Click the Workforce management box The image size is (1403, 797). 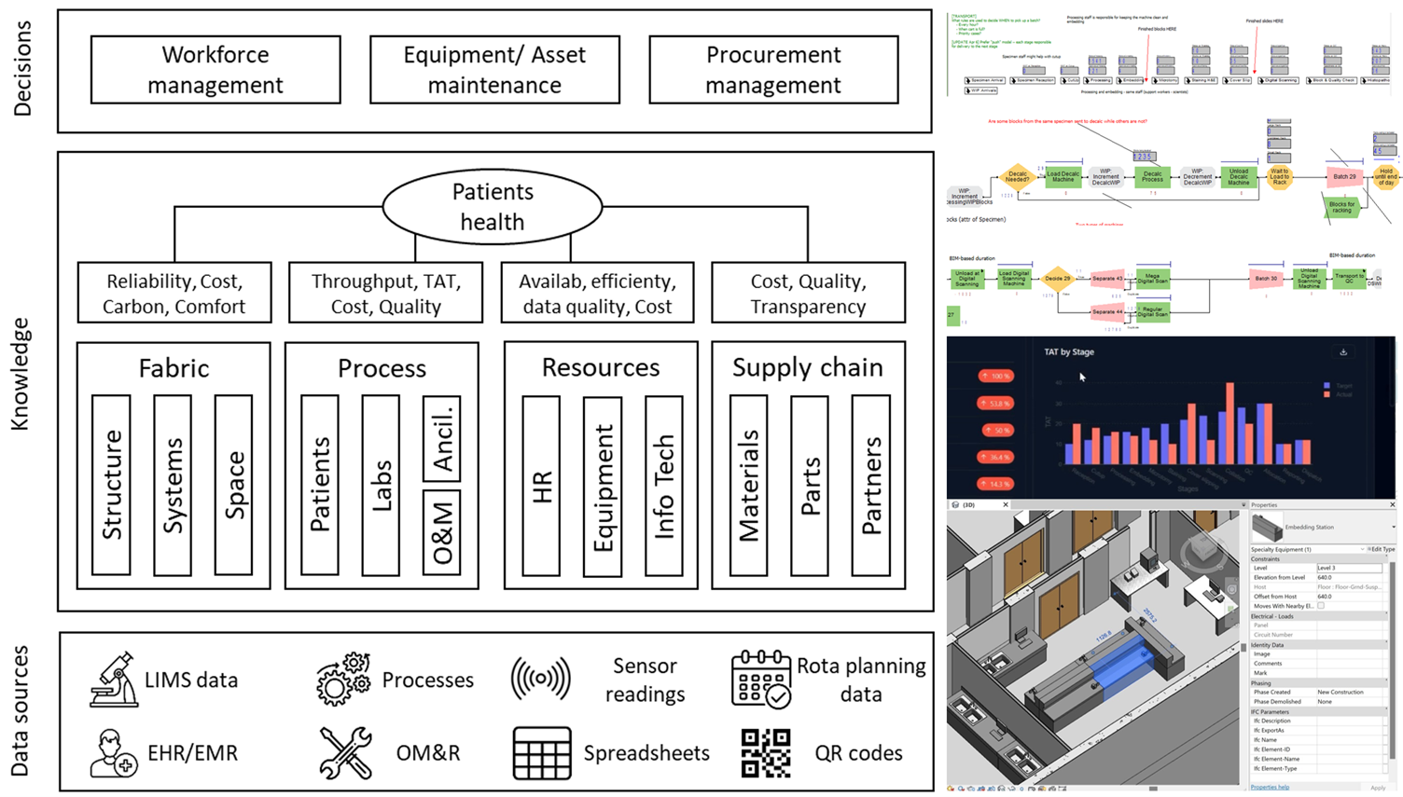[215, 70]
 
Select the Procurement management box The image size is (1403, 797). [773, 70]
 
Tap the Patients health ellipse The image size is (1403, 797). [493, 207]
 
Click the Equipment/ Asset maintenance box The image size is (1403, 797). [494, 70]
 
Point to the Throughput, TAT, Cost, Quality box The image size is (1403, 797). [385, 294]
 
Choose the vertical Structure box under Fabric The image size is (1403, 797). [111, 485]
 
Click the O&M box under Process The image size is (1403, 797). [442, 534]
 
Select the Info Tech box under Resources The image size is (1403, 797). [663, 486]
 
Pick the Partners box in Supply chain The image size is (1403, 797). [870, 486]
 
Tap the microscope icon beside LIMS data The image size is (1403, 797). [114, 680]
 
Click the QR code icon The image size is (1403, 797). [766, 753]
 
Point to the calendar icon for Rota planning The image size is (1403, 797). [760, 680]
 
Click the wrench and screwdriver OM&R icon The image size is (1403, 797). [345, 753]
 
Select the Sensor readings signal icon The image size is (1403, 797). [541, 679]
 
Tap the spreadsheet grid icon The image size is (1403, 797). [542, 753]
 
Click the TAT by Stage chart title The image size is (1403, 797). [1069, 352]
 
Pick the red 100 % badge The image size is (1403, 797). [995, 377]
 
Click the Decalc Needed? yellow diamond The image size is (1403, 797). [1017, 175]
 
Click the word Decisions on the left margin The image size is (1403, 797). [22, 69]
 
